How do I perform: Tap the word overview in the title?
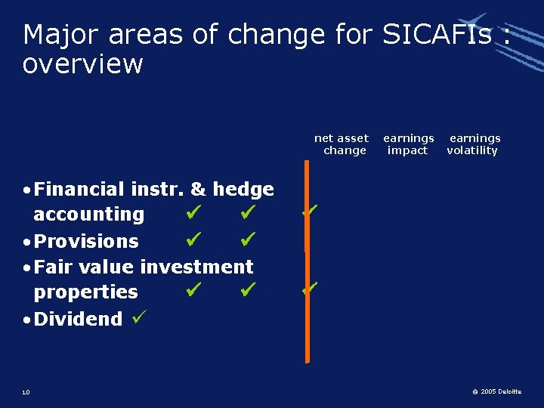pyautogui.click(x=83, y=64)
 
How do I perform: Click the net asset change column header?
pyautogui.click(x=342, y=144)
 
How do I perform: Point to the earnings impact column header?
pyautogui.click(x=408, y=144)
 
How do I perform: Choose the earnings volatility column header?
pyautogui.click(x=473, y=144)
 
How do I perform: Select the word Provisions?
pyautogui.click(x=86, y=241)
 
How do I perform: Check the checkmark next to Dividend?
pyautogui.click(x=137, y=317)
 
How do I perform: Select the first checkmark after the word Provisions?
pyautogui.click(x=193, y=240)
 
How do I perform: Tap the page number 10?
pyautogui.click(x=26, y=392)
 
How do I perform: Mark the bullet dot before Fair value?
pyautogui.click(x=26, y=267)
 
